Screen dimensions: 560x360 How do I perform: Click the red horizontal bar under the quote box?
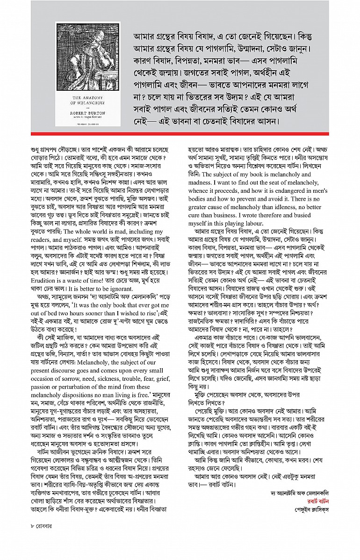[x=180, y=134]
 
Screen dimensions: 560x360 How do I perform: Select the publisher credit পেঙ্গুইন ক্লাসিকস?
[x=311, y=509]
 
